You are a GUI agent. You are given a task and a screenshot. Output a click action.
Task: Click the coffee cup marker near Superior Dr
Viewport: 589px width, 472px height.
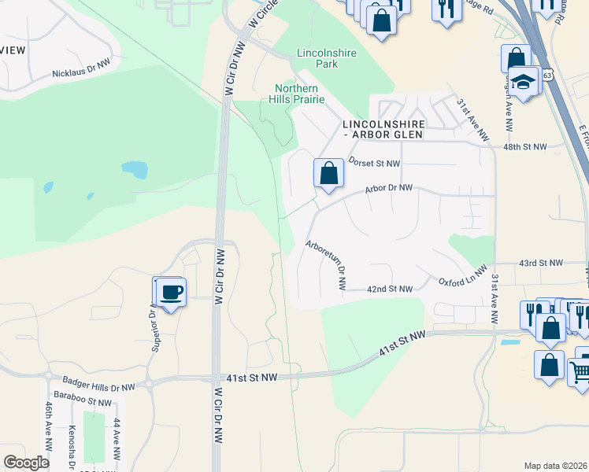tap(172, 292)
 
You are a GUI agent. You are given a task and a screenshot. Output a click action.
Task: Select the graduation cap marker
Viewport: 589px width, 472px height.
tap(522, 81)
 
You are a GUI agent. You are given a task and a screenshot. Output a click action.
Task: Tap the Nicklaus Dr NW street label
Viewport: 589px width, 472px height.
tap(83, 72)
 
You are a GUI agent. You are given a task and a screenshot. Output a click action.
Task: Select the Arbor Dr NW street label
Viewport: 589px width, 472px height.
tap(388, 189)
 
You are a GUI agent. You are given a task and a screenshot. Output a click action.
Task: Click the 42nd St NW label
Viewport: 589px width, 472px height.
tap(390, 289)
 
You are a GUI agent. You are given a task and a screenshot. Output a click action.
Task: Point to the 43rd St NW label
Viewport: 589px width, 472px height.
tap(541, 263)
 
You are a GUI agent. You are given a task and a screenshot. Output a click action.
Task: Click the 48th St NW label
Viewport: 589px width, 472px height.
tap(524, 147)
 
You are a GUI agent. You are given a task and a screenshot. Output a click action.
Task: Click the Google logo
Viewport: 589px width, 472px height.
tap(27, 463)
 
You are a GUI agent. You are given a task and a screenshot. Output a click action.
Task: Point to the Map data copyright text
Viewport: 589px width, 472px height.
tap(555, 466)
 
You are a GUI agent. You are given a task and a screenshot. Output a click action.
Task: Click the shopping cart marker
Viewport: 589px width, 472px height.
tap(581, 371)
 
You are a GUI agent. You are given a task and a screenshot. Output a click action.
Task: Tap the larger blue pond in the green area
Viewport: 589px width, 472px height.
tap(135, 169)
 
